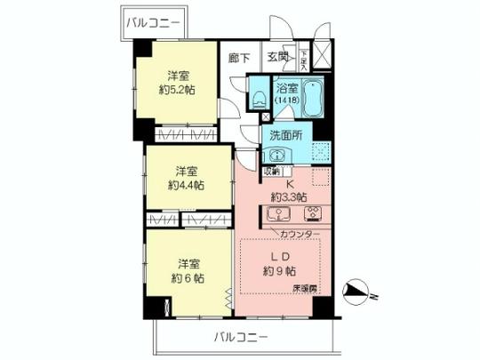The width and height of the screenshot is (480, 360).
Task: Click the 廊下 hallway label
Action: click(x=239, y=58)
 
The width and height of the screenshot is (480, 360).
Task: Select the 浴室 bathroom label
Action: click(x=287, y=88)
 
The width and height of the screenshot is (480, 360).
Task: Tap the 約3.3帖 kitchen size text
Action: click(x=290, y=196)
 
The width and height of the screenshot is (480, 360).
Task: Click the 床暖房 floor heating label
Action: click(x=305, y=290)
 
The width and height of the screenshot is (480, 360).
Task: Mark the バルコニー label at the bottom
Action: click(x=240, y=337)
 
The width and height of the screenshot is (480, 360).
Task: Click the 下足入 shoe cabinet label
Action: click(x=303, y=60)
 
